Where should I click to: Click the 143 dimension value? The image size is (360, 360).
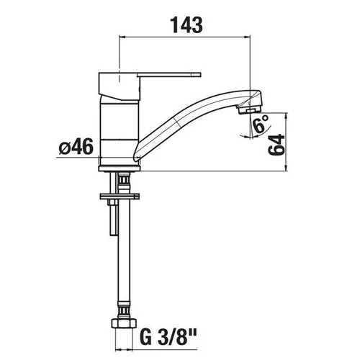coord(186,25)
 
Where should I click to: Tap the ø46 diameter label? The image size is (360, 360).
coord(76,147)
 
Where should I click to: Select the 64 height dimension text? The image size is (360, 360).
coord(276,145)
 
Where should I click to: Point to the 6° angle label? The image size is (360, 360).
coord(261,124)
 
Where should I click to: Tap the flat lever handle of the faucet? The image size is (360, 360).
coord(168,75)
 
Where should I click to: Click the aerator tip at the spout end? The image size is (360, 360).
coord(249,109)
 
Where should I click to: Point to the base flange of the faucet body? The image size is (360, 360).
coord(120,168)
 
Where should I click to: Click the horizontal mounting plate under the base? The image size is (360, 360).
coord(120,197)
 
